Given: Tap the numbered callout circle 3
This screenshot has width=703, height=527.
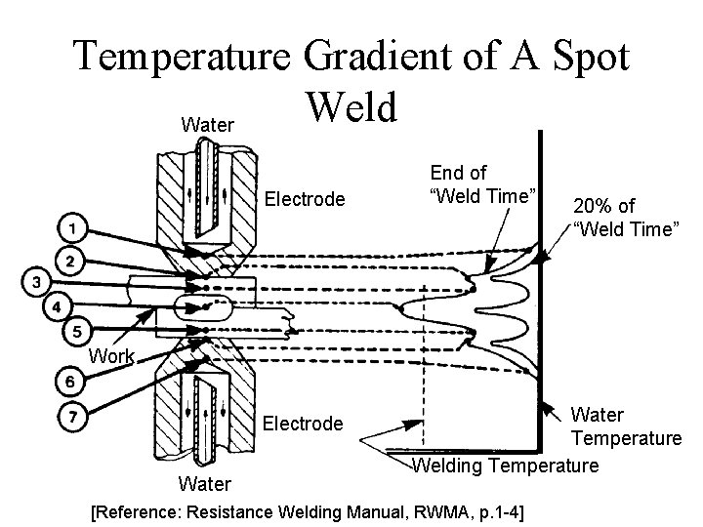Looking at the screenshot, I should click(35, 282).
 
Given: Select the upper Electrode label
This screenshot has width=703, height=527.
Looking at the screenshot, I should click(306, 199).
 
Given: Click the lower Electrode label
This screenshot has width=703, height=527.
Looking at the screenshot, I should click(304, 424).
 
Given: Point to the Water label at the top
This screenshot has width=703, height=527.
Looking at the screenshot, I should click(207, 125).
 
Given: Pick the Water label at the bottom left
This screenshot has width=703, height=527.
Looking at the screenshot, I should click(205, 484).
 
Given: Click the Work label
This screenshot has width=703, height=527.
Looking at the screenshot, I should click(111, 356).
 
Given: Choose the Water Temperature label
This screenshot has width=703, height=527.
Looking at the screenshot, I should click(626, 426).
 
